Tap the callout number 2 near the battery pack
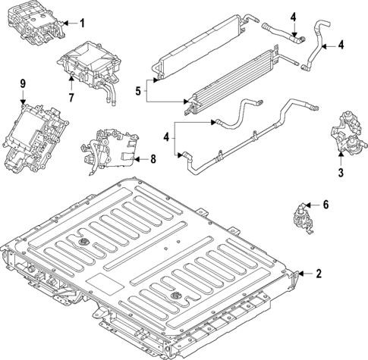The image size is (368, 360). pos(319,273)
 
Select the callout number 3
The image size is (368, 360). pos(341,174)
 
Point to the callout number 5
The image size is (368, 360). pos(137,92)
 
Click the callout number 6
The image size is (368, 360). pos(326,204)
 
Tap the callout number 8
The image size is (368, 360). pos(153,159)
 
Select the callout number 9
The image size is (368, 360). pos(23,82)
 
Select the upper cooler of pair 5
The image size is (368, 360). pos(200,49)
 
